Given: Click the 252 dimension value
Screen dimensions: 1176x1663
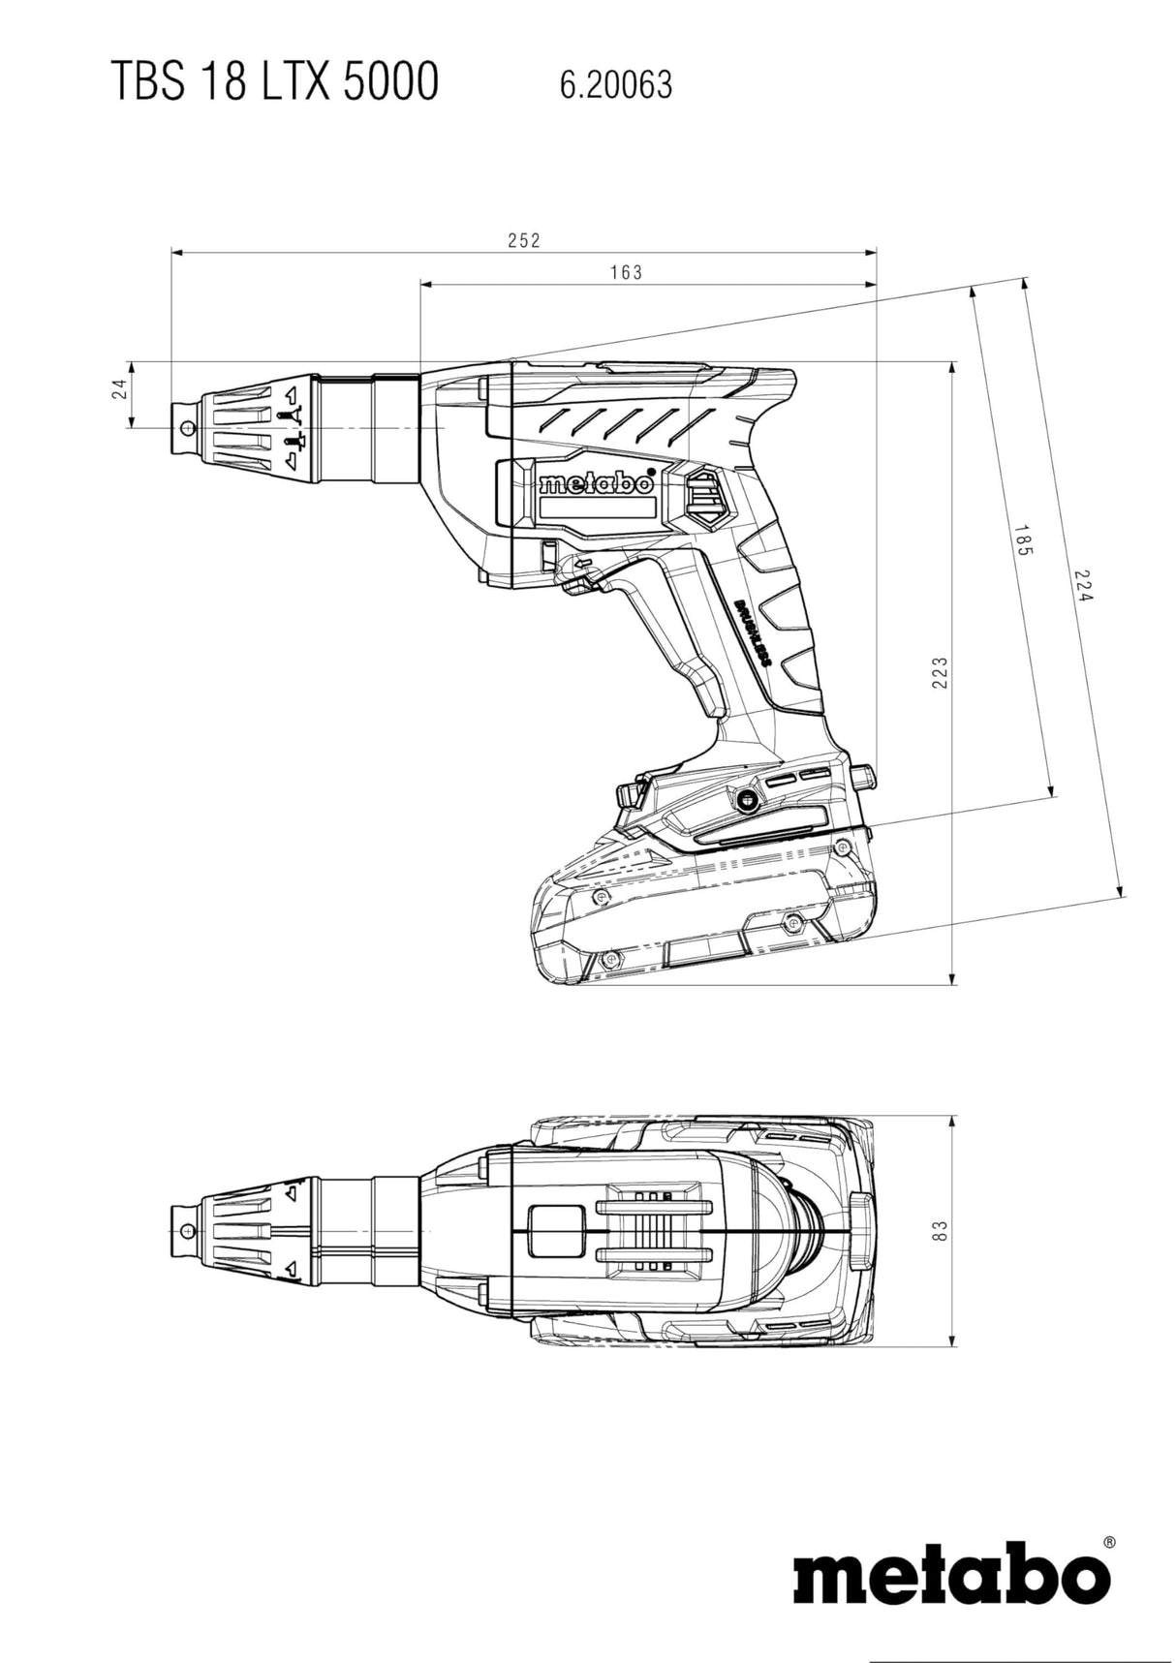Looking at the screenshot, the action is tap(524, 240).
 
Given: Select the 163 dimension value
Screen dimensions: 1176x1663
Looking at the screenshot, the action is tap(626, 273).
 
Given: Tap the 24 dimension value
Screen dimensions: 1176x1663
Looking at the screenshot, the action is tap(119, 388).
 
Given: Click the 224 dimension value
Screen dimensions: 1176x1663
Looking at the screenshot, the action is tap(1084, 585).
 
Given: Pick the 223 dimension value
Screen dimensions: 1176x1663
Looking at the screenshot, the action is tap(939, 673).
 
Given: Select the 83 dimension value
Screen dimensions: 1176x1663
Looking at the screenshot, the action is tap(938, 1230).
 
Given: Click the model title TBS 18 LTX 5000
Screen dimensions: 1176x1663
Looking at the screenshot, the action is tap(274, 81).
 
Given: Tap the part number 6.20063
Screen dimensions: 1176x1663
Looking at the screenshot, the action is tap(615, 85).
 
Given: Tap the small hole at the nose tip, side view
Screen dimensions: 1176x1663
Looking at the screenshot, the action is tap(188, 427).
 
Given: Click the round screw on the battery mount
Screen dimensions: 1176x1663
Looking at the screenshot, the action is tap(746, 799).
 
